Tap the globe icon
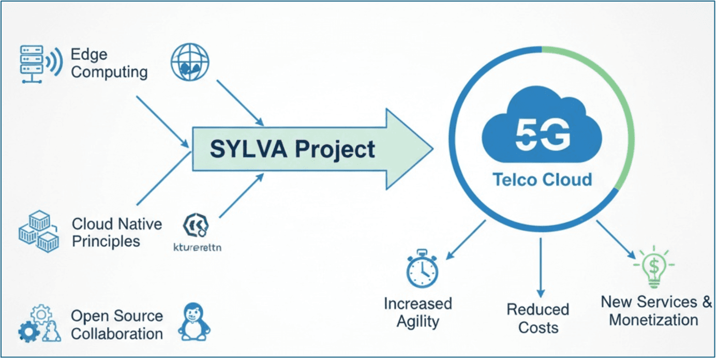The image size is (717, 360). pyautogui.click(x=190, y=62)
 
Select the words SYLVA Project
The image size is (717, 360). pyautogui.click(x=292, y=149)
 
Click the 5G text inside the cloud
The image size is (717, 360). pyautogui.click(x=543, y=133)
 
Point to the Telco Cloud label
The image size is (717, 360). pyautogui.click(x=542, y=180)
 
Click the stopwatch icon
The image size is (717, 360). pyautogui.click(x=422, y=268)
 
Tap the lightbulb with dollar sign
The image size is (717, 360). pyautogui.click(x=654, y=266)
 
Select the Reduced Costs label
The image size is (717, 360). pyautogui.click(x=538, y=319)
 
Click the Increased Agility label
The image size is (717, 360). pyautogui.click(x=417, y=312)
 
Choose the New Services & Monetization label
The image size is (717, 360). pyautogui.click(x=656, y=310)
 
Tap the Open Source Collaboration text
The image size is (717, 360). pyautogui.click(x=117, y=325)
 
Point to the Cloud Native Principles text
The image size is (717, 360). pyautogui.click(x=117, y=233)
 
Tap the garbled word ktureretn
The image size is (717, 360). pyautogui.click(x=197, y=247)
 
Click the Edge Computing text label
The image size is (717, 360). pyautogui.click(x=109, y=63)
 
